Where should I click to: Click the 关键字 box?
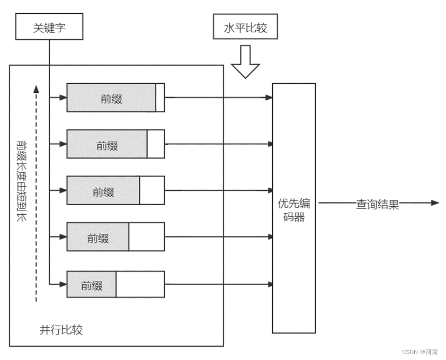tap(49, 27)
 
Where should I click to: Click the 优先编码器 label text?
tap(294, 209)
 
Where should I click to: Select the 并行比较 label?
tap(61, 330)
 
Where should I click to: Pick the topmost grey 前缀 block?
tap(111, 98)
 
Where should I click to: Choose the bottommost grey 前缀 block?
tap(91, 284)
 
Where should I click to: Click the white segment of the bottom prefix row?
tap(140, 284)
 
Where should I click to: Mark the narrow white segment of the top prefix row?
tap(160, 98)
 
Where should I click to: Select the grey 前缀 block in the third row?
tap(103, 191)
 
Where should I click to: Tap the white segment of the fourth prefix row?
tap(147, 237)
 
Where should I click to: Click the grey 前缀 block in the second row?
tap(107, 144)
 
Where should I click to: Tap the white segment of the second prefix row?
tap(156, 144)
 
